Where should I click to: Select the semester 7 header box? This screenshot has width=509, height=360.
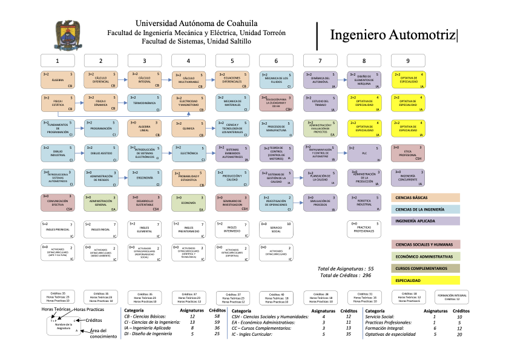[x=321, y=60]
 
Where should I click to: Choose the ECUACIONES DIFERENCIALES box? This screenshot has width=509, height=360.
[x=232, y=80]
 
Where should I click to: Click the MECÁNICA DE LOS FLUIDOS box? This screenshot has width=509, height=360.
[x=277, y=80]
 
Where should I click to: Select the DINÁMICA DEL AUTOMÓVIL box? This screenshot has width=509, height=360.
[x=320, y=80]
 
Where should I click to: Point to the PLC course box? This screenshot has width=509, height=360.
[x=364, y=153]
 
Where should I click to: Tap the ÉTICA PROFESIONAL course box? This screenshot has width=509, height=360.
[x=408, y=153]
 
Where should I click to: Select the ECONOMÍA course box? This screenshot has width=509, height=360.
[x=189, y=203]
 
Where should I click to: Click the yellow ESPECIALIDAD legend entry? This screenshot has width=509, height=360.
[x=425, y=281]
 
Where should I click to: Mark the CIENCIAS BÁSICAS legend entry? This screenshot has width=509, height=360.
[x=425, y=198]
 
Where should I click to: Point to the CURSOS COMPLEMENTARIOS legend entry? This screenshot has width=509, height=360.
[x=425, y=268]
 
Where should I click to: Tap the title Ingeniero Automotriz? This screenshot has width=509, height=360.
[x=392, y=35]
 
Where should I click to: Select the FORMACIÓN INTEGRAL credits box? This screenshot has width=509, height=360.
[x=452, y=297]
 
